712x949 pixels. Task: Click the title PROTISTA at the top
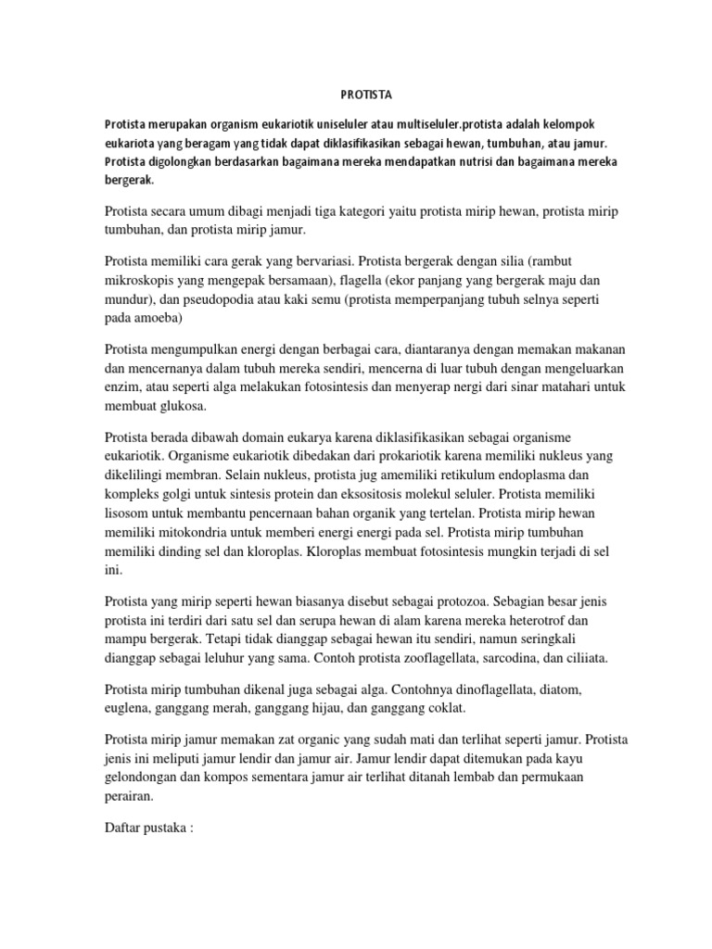coord(356,93)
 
